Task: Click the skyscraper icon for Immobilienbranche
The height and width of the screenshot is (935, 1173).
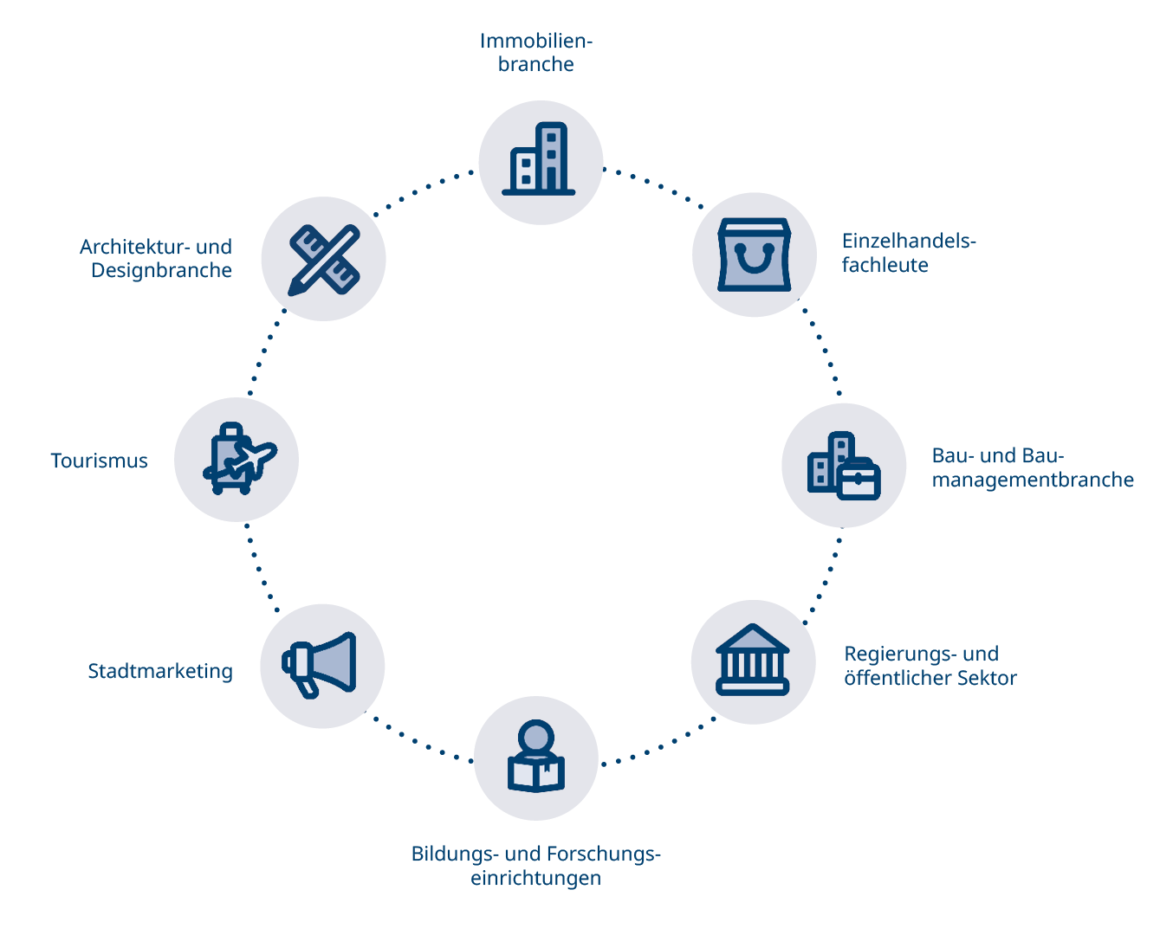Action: pyautogui.click(x=539, y=160)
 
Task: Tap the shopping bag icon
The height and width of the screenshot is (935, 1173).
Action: pyautogui.click(x=754, y=255)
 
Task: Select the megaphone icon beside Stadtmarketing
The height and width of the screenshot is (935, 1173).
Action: pyautogui.click(x=321, y=665)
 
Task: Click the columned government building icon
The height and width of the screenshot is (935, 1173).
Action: pyautogui.click(x=753, y=661)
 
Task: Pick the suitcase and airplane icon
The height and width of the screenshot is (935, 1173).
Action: pyautogui.click(x=237, y=460)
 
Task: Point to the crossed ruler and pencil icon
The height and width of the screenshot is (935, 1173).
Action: pyautogui.click(x=323, y=260)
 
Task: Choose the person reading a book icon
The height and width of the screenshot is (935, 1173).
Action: pyautogui.click(x=536, y=758)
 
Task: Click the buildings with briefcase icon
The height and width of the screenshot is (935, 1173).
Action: pyautogui.click(x=843, y=466)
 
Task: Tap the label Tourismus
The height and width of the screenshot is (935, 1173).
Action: pyautogui.click(x=99, y=461)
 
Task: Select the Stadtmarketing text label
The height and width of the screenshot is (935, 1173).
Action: pyautogui.click(x=160, y=671)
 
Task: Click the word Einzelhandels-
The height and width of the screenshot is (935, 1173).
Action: pyautogui.click(x=909, y=241)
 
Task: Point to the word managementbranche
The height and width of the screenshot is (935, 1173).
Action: pyautogui.click(x=1033, y=480)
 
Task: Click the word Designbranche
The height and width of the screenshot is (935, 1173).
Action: pyautogui.click(x=161, y=270)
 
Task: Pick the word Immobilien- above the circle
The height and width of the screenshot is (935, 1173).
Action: pyautogui.click(x=535, y=41)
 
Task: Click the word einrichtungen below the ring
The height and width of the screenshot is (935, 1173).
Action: pyautogui.click(x=535, y=878)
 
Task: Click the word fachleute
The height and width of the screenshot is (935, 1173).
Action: pyautogui.click(x=885, y=265)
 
